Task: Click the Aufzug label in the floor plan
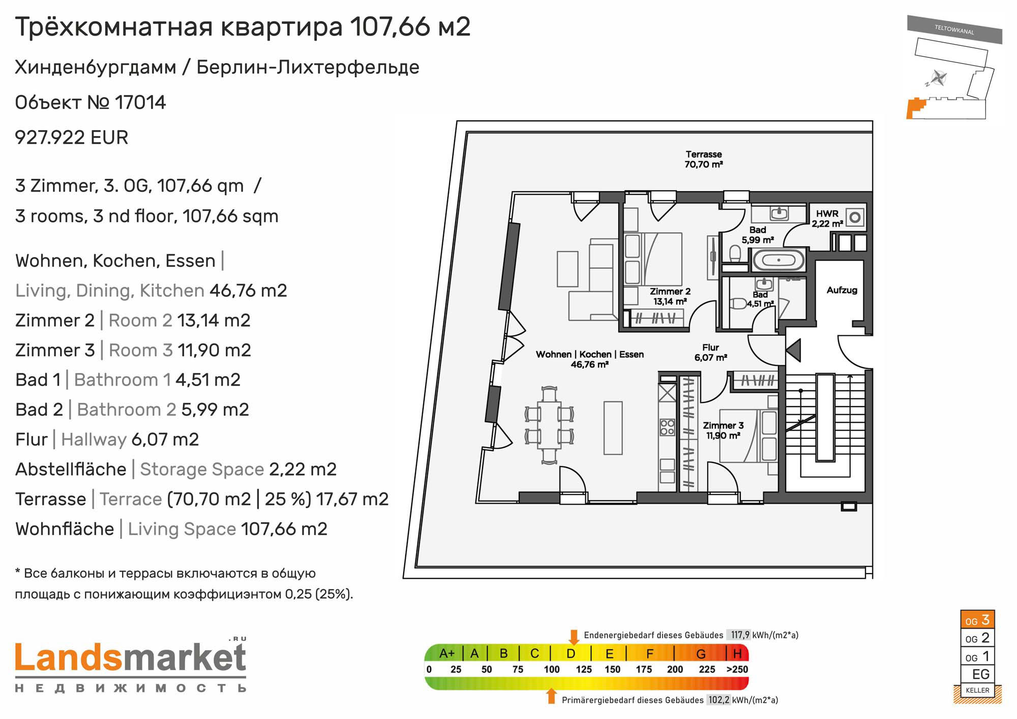(842, 290)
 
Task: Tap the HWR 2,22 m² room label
(827, 218)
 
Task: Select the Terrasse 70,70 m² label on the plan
(704, 159)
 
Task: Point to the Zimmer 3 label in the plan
(723, 430)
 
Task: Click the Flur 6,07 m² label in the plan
(710, 352)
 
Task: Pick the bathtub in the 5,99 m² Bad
(778, 260)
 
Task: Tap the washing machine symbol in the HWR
(855, 217)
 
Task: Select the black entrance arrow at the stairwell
(794, 350)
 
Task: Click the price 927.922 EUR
(72, 137)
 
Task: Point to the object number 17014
(140, 103)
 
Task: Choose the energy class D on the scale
(571, 653)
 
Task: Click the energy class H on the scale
(737, 653)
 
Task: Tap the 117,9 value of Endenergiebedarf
(740, 635)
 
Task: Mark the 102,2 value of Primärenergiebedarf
(719, 700)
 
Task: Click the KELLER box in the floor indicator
(977, 690)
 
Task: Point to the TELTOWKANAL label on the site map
(954, 29)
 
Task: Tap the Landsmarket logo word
(131, 658)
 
